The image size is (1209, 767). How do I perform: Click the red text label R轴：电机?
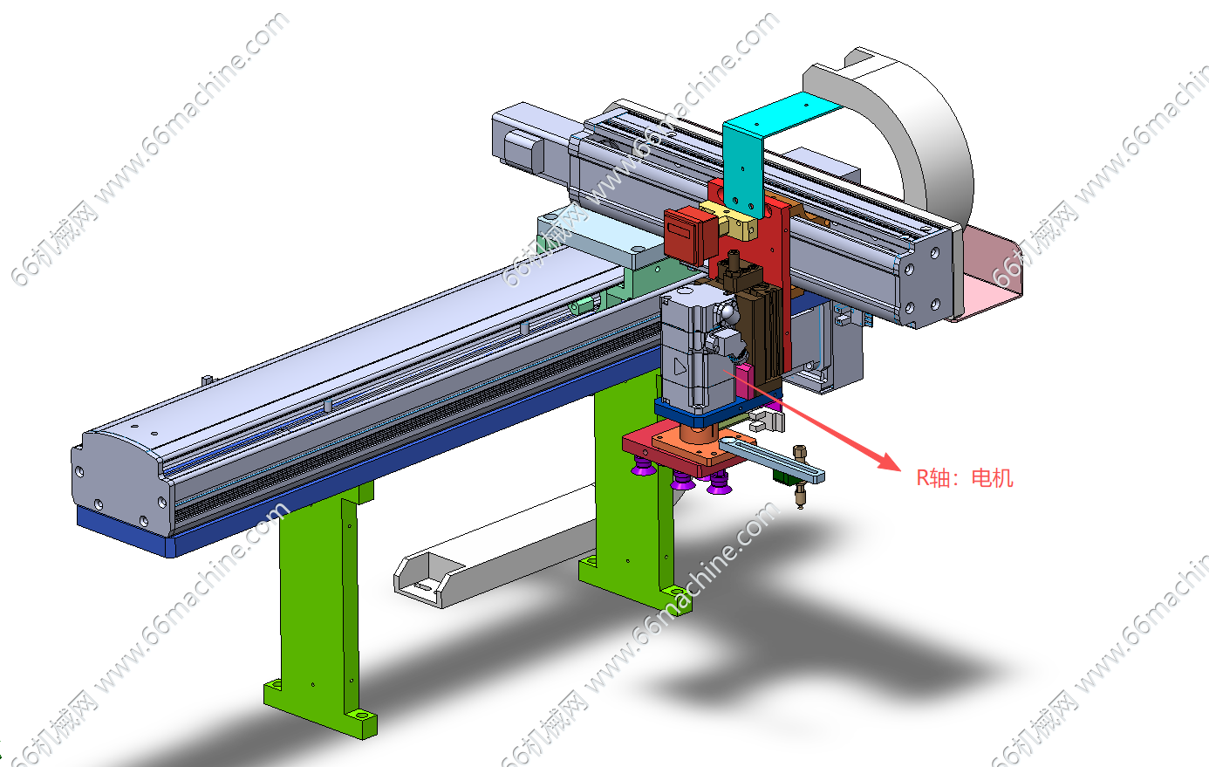[965, 478]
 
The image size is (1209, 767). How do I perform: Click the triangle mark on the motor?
[680, 367]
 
